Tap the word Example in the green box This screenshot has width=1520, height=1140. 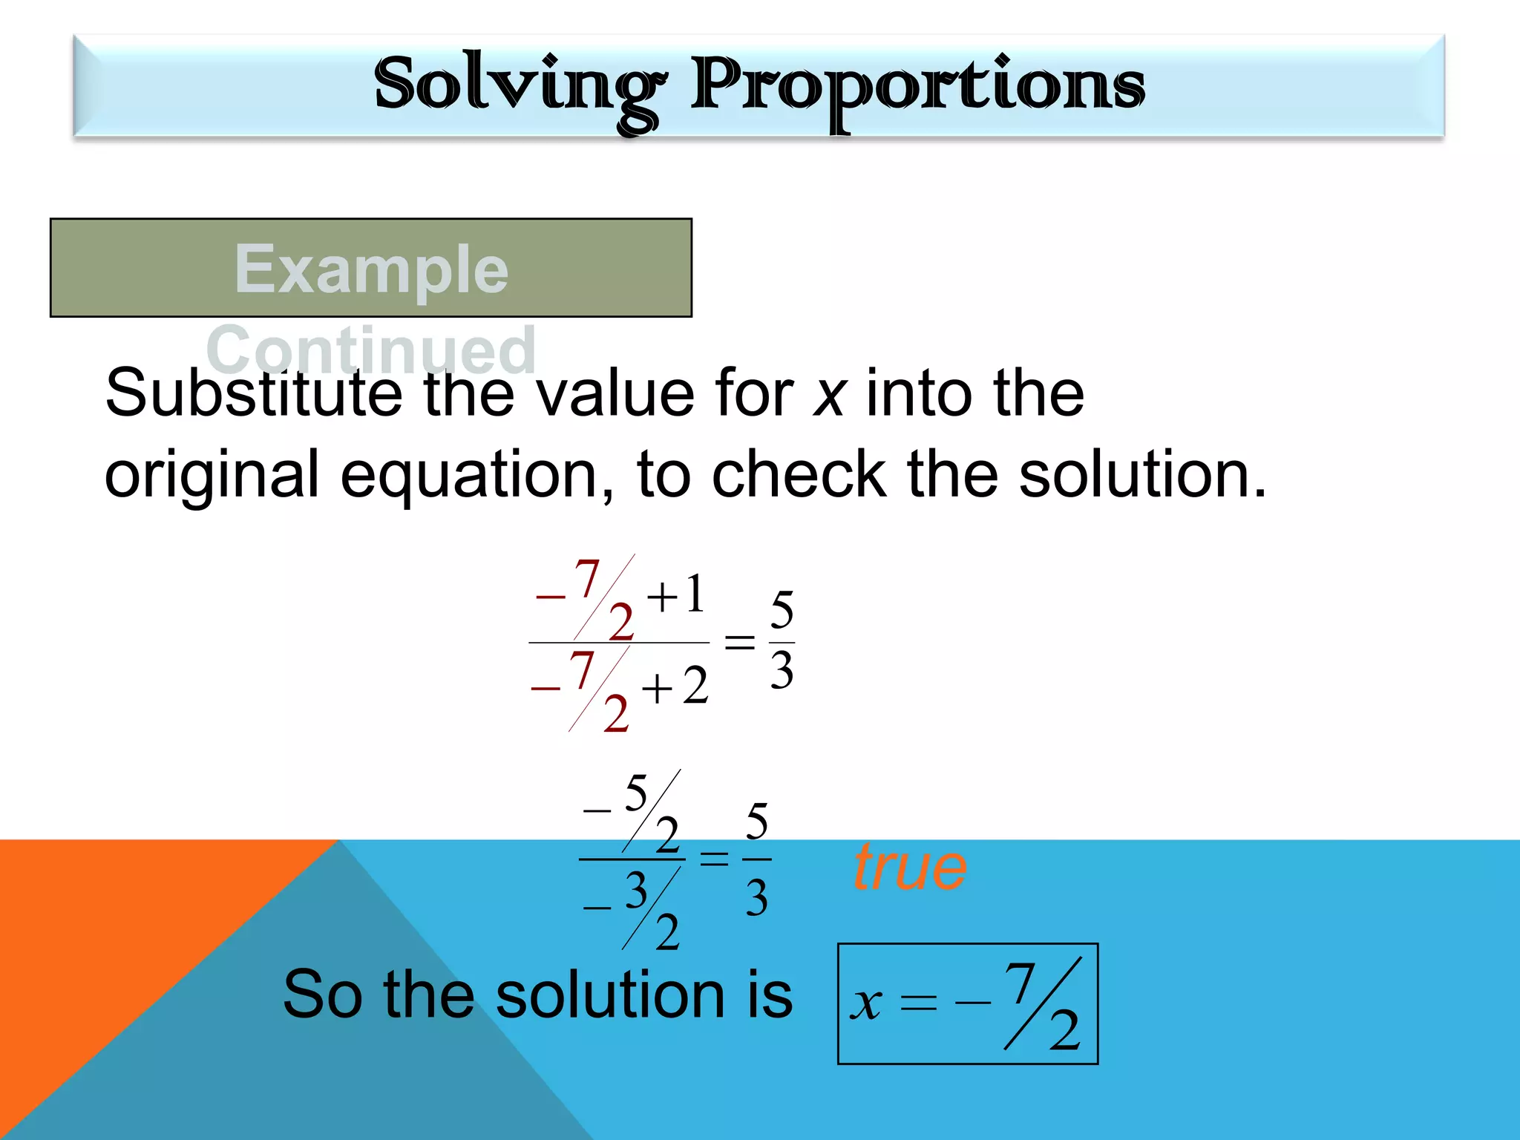371,269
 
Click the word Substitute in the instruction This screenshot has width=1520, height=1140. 253,393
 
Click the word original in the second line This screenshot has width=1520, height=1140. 212,475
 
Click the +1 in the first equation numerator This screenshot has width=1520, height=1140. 676,595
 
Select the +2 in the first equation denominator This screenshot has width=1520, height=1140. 675,687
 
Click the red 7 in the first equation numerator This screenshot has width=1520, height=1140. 586,578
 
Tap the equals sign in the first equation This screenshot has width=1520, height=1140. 739,643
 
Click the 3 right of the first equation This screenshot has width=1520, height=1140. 782,671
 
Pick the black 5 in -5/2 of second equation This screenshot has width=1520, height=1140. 636,793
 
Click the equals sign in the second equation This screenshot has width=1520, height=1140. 714,859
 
